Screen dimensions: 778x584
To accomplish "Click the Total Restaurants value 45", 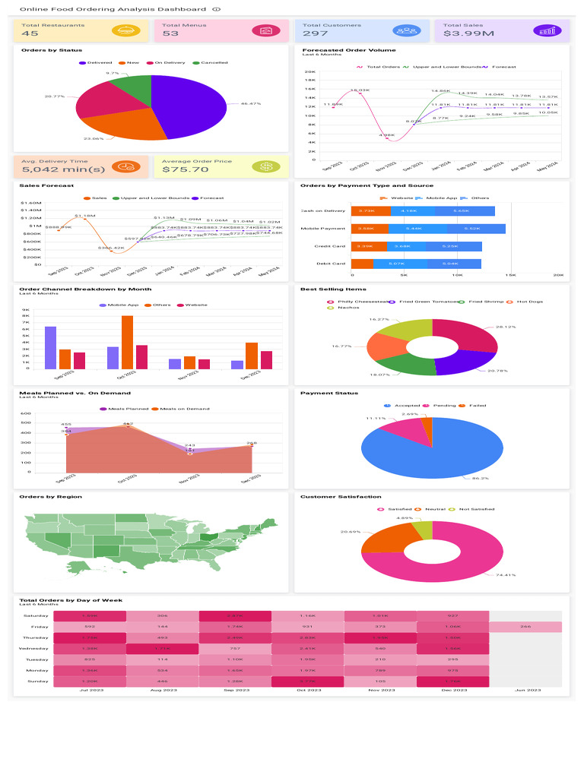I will [30, 33].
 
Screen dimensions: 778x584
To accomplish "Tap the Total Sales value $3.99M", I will [468, 33].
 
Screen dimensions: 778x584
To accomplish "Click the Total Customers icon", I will [406, 31].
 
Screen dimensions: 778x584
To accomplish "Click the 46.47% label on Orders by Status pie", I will [250, 103].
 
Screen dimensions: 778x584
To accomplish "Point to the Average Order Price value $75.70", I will [186, 169].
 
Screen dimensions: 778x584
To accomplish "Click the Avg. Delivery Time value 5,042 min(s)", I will [52, 169].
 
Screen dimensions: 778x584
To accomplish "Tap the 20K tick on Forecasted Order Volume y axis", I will [310, 71].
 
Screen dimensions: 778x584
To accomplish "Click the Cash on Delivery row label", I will [323, 210].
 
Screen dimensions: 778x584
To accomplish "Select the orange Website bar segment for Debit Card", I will [363, 264].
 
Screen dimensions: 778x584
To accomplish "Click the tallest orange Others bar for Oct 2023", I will [127, 342].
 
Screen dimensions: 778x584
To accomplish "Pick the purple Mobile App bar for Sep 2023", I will [50, 347].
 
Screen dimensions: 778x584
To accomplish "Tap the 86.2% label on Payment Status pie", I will [480, 479].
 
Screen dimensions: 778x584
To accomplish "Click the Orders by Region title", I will [51, 497].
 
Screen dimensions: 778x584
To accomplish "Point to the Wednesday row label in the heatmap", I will [34, 648].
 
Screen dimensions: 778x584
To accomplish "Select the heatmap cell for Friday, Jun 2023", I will [525, 627].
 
